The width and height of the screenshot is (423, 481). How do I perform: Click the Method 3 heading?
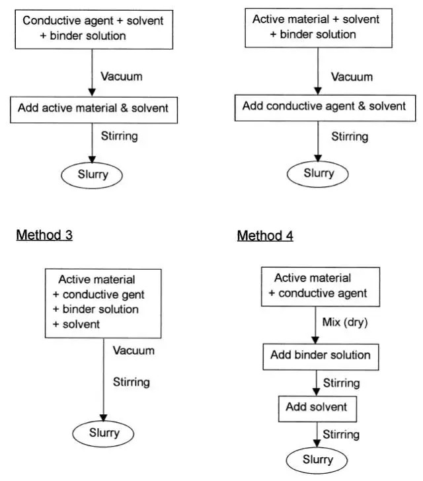pyautogui.click(x=44, y=235)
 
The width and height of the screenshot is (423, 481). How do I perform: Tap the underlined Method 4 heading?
pyautogui.click(x=265, y=236)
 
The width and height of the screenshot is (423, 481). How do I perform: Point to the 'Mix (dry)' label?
pyautogui.click(x=345, y=322)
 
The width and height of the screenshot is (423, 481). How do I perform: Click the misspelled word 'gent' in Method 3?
pyautogui.click(x=133, y=295)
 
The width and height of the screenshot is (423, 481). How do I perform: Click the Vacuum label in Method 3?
pyautogui.click(x=134, y=350)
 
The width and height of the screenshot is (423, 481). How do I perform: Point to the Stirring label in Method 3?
pyautogui.click(x=132, y=382)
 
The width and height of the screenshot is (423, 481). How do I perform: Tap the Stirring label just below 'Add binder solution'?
pyautogui.click(x=341, y=383)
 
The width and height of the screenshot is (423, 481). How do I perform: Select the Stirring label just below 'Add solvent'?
pyautogui.click(x=341, y=435)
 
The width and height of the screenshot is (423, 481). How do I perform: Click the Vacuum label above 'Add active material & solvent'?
pyautogui.click(x=122, y=77)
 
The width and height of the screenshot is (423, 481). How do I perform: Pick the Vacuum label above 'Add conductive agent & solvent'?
pyautogui.click(x=352, y=77)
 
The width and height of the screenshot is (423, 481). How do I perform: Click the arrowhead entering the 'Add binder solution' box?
pyautogui.click(x=315, y=340)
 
